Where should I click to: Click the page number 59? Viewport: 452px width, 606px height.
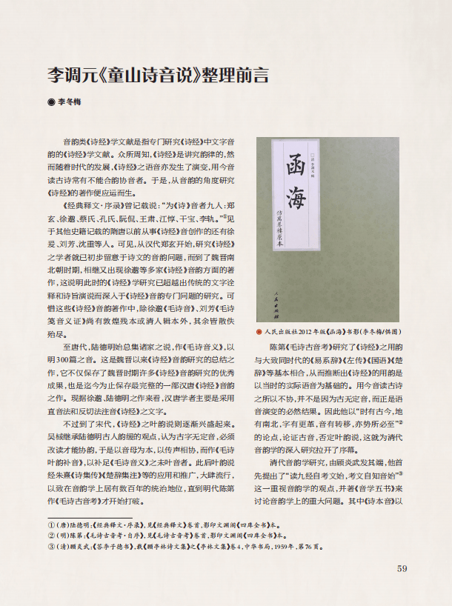pos(402,569)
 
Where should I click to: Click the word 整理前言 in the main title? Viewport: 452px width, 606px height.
pos(236,75)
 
